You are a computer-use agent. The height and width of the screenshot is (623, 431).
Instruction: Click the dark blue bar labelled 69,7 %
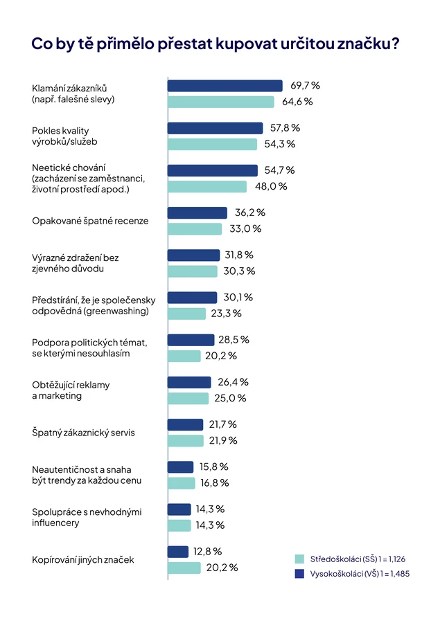click(x=225, y=86)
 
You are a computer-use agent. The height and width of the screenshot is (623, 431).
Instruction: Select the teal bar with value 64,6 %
click(x=220, y=102)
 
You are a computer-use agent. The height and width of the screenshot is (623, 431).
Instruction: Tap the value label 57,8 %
click(x=285, y=128)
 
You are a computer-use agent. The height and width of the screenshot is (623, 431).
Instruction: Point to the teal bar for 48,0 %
click(x=207, y=186)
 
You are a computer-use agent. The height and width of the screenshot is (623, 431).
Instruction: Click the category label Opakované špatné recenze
click(x=90, y=221)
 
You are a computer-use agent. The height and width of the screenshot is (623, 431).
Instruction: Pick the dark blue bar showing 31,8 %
click(x=193, y=255)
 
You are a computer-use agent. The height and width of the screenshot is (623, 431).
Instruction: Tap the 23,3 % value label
click(x=226, y=314)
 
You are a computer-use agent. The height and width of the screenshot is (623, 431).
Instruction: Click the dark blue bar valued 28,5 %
click(x=191, y=340)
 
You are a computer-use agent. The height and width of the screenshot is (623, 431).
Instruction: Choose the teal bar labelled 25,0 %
click(x=188, y=398)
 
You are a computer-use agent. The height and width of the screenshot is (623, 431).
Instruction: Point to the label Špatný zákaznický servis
click(x=83, y=433)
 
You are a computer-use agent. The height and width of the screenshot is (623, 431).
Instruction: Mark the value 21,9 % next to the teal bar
click(x=223, y=441)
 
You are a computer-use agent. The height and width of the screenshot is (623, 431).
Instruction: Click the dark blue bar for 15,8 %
click(x=181, y=467)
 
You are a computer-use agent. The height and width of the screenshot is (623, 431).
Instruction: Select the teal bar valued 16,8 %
click(x=182, y=482)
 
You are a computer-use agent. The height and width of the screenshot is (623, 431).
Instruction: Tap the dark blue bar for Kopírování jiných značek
click(x=178, y=552)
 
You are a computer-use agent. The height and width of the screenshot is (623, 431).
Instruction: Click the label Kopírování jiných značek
click(x=83, y=560)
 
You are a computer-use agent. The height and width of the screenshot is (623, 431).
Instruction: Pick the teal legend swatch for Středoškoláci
click(x=299, y=559)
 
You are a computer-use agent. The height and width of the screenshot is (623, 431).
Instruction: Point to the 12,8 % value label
click(x=208, y=552)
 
